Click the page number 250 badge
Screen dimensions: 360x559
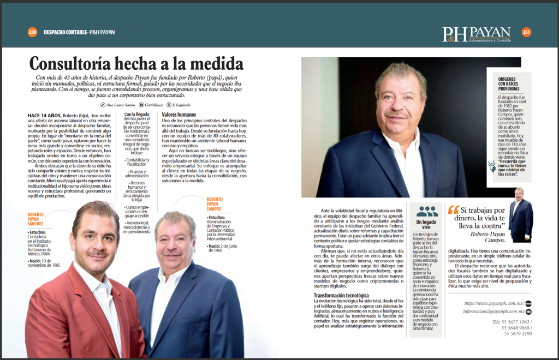pyautogui.click(x=32, y=32)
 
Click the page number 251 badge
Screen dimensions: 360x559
pyautogui.click(x=526, y=32)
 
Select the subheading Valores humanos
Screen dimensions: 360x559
pyautogui.click(x=179, y=115)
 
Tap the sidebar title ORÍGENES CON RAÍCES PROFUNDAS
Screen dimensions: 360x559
pyautogui.click(x=509, y=83)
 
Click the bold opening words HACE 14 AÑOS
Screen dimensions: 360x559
pyautogui.click(x=44, y=116)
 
